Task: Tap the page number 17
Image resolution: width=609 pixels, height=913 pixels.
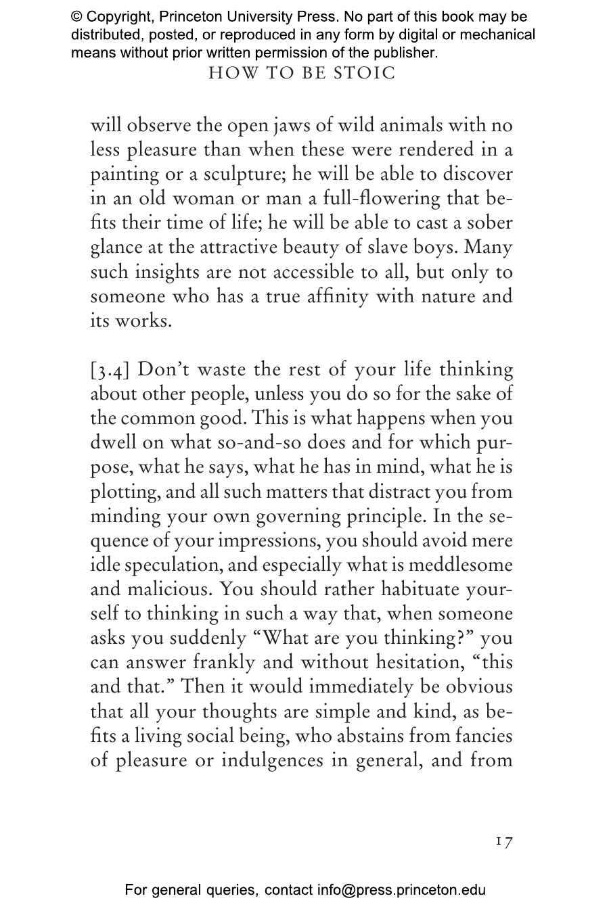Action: pos(504,841)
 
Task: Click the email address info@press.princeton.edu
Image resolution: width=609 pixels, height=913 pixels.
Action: pos(401,890)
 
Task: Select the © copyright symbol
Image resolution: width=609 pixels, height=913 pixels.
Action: pos(77,17)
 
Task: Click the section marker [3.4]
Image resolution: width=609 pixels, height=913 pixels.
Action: pos(114,370)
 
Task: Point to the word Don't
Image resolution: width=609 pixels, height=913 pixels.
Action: pos(166,370)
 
